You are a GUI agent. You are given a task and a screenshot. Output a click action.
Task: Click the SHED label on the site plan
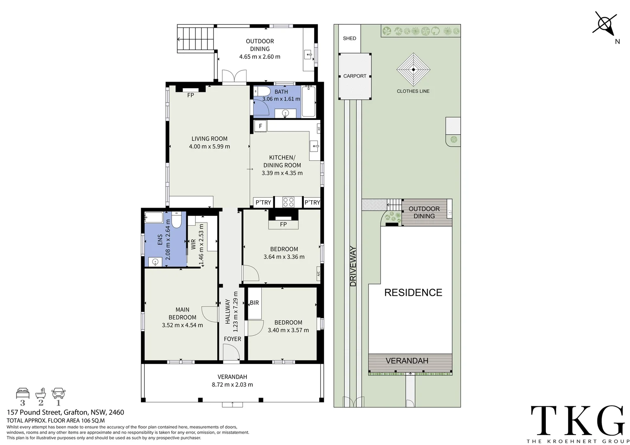tap(349, 38)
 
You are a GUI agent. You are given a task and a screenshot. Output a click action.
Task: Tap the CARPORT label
tap(355, 76)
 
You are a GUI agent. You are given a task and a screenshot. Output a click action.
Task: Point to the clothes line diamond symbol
tap(413, 70)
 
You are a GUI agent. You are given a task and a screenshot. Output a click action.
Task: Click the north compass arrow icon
tap(605, 24)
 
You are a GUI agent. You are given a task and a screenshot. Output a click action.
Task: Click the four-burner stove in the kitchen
tap(288, 202)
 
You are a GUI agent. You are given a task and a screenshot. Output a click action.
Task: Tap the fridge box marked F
tap(261, 126)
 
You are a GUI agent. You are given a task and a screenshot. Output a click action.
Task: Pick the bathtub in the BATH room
tap(308, 101)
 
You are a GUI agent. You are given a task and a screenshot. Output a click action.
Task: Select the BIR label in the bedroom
tap(254, 303)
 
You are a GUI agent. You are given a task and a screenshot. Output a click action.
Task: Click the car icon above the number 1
tap(58, 393)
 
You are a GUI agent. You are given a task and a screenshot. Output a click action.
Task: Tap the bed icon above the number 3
tap(23, 393)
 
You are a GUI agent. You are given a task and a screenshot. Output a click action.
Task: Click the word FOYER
tap(232, 339)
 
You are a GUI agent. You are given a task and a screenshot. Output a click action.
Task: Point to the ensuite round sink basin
tap(155, 262)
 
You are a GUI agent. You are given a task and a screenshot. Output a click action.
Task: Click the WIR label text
tap(193, 244)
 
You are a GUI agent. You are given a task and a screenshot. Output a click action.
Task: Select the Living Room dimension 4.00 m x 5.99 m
tap(209, 146)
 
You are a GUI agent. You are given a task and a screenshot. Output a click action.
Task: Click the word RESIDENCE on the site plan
tap(413, 293)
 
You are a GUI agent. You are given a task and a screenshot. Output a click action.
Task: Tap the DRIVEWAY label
tap(353, 266)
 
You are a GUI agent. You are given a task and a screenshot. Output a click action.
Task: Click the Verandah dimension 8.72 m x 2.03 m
tap(232, 384)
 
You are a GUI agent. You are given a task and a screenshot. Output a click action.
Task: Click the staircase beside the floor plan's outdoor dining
tap(195, 39)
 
